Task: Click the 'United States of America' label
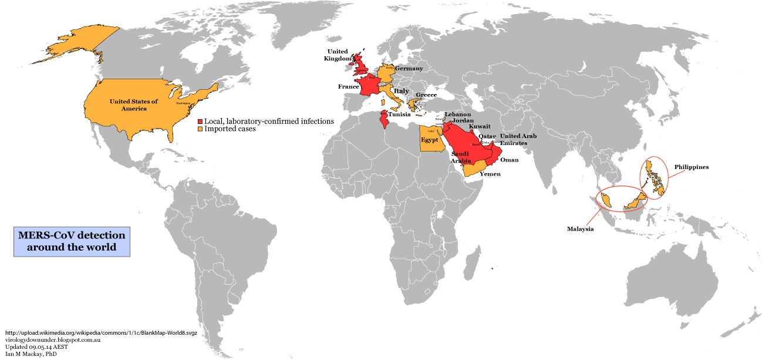[134, 105]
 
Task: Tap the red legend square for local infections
[200, 121]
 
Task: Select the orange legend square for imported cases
[200, 129]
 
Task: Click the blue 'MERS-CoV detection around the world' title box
[72, 241]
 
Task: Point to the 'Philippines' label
[691, 167]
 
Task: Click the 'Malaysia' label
[580, 229]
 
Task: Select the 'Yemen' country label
[490, 174]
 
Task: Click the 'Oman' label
[510, 160]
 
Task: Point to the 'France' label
[348, 86]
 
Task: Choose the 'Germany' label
[409, 68]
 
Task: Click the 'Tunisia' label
[399, 115]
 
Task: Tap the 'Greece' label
[426, 95]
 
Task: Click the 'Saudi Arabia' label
[460, 157]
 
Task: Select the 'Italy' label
[401, 91]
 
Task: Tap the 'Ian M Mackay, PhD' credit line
[29, 354]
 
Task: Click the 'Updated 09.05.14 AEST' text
[36, 347]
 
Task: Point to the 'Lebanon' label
[457, 114]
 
